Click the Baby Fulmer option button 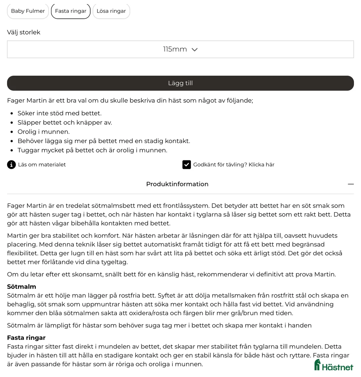28,11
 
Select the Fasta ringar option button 71,11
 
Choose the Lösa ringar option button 111,11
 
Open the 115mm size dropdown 180,49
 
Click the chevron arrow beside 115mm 195,50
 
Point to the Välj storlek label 24,32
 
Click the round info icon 11,164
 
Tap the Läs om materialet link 42,164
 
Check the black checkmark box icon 187,164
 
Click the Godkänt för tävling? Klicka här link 234,164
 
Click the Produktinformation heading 177,184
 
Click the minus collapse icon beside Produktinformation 350,184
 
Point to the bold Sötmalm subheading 21,287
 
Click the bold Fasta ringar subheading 26,338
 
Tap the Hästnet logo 333,365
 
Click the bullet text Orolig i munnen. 43,132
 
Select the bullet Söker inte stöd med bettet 59,113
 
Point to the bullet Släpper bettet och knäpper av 65,123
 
